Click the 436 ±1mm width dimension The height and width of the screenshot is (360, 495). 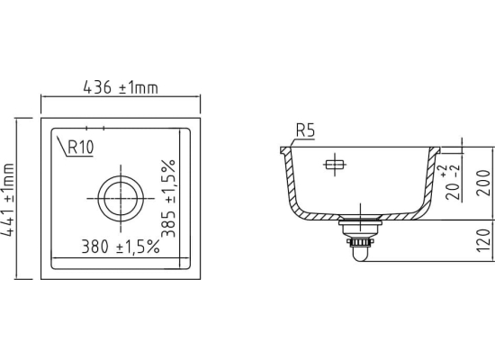pos(121,87)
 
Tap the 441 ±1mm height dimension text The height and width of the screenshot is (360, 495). pos(7,200)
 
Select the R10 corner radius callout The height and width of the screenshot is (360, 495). pos(81,147)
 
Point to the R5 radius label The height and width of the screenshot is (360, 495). pos(306,130)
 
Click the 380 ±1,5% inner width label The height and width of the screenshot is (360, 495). pos(121,247)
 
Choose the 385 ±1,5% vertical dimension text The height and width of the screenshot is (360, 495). pos(168,198)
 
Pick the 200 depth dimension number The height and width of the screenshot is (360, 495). pos(483,183)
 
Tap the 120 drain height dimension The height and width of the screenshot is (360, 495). pos(483,240)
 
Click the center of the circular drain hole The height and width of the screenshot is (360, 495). pos(121,199)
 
